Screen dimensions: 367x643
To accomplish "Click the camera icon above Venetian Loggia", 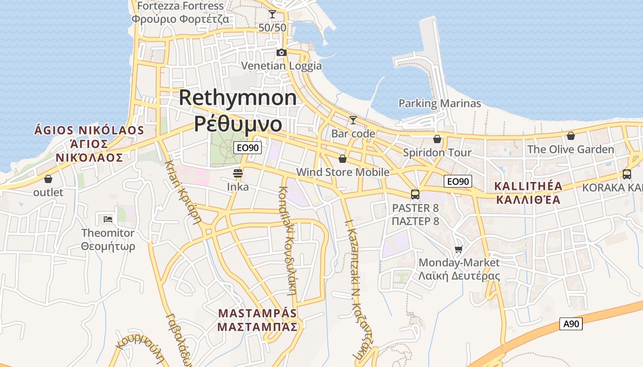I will (282, 53).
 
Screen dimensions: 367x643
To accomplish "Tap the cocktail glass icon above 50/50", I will (272, 14).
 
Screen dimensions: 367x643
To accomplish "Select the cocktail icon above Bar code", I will (353, 120).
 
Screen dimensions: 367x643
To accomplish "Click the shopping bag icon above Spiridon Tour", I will (437, 139).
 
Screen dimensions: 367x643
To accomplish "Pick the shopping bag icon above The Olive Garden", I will (570, 136).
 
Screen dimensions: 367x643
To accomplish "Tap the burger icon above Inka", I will (238, 173).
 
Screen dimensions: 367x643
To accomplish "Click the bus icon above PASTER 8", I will (415, 195).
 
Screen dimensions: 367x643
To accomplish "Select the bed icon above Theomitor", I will (108, 219).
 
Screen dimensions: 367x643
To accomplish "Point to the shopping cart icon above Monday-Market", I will (458, 249).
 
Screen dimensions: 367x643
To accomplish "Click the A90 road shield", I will (571, 324).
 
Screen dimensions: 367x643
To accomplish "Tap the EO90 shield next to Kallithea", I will (458, 181).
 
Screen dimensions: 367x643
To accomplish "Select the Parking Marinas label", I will (440, 103).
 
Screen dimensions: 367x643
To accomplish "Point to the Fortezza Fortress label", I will (180, 6).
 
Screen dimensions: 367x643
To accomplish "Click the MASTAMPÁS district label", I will (258, 313).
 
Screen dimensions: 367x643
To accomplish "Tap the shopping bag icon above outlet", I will (48, 179).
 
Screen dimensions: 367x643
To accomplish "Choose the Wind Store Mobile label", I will (343, 172).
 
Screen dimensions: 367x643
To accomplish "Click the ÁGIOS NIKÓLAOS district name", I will (89, 130).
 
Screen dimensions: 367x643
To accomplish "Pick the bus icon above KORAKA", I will (626, 174).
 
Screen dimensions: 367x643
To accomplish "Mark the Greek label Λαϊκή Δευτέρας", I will (459, 276).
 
